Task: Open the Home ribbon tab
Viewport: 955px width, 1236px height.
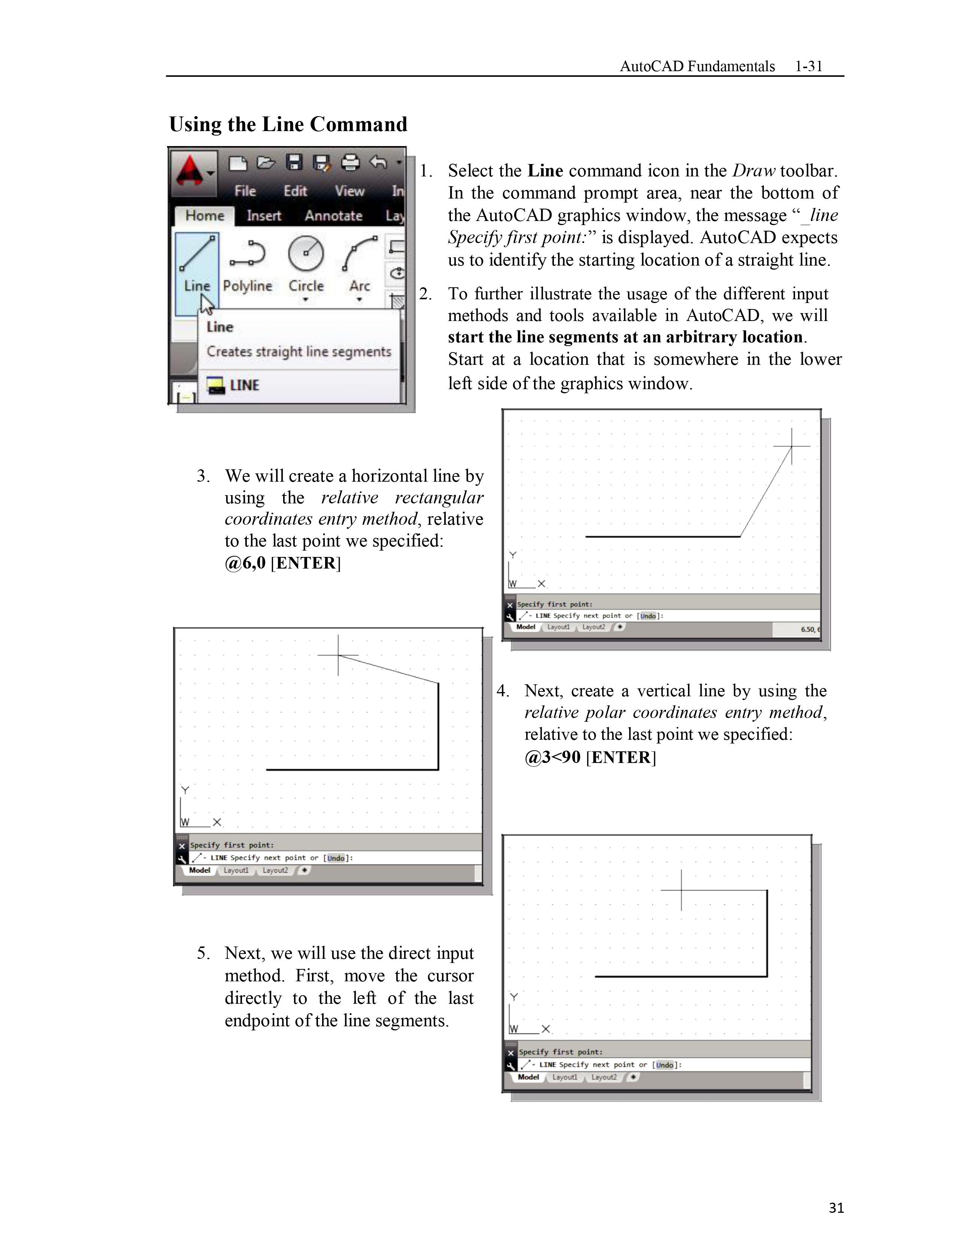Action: pos(204,216)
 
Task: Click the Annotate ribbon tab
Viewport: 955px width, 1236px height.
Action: pos(333,216)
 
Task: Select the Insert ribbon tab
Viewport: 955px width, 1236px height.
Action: pos(264,216)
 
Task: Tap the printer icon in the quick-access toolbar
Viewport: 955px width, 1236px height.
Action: pos(351,163)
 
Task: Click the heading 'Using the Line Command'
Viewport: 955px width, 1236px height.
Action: pos(288,124)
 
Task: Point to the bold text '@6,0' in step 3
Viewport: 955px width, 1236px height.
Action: pos(245,563)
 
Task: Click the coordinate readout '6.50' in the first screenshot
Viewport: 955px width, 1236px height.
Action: pos(807,629)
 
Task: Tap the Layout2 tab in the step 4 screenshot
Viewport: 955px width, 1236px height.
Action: pos(275,870)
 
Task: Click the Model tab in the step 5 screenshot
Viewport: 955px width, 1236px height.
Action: pos(528,1077)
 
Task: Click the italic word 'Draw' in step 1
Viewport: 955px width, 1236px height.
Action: pos(753,171)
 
